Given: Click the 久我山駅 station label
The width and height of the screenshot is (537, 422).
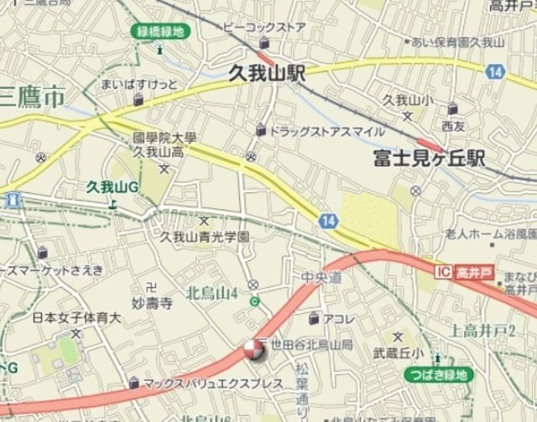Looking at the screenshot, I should pos(267,74).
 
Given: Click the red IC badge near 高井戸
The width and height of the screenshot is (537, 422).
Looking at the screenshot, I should pos(445,273).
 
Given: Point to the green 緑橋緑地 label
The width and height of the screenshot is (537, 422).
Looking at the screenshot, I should pos(160,32).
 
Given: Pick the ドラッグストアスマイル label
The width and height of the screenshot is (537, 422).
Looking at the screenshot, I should pos(326,131).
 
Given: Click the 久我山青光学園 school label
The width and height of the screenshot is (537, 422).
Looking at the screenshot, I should pos(205,237).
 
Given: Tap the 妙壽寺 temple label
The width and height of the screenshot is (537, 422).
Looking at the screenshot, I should pos(153,302).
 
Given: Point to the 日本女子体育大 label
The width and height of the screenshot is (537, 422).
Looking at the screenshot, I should pos(76,318).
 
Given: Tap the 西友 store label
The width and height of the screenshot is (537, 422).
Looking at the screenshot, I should pos(453,125).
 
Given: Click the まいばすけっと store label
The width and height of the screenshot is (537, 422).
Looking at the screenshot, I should pos(139,85).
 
